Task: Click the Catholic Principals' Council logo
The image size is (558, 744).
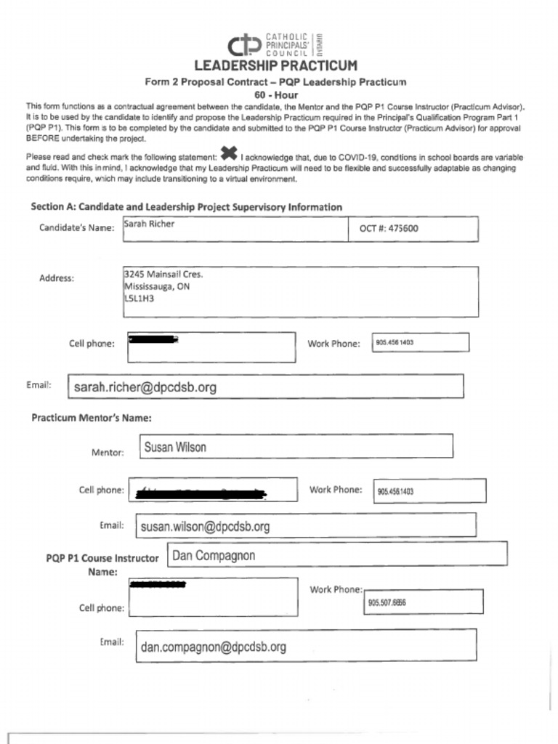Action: point(275,45)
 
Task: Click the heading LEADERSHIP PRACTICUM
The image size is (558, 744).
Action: point(275,66)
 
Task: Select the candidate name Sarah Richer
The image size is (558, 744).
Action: point(149,225)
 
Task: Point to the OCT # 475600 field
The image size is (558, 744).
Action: point(389,228)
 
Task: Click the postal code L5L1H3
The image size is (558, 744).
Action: point(139,298)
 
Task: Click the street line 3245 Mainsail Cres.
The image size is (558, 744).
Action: point(163,275)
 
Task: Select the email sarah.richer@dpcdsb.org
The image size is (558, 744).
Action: point(145,387)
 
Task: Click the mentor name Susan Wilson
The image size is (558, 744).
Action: point(174,448)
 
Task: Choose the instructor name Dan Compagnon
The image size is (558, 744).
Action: point(214,557)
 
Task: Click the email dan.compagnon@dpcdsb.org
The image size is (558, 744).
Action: point(213,647)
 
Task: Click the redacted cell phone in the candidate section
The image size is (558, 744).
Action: point(153,339)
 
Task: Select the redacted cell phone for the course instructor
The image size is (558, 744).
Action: point(158,584)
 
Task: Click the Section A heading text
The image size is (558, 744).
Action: point(186,207)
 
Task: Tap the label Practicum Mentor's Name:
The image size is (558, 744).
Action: point(91,418)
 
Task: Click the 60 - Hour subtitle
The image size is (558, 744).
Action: point(275,94)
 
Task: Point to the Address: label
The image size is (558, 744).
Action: point(57,278)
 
